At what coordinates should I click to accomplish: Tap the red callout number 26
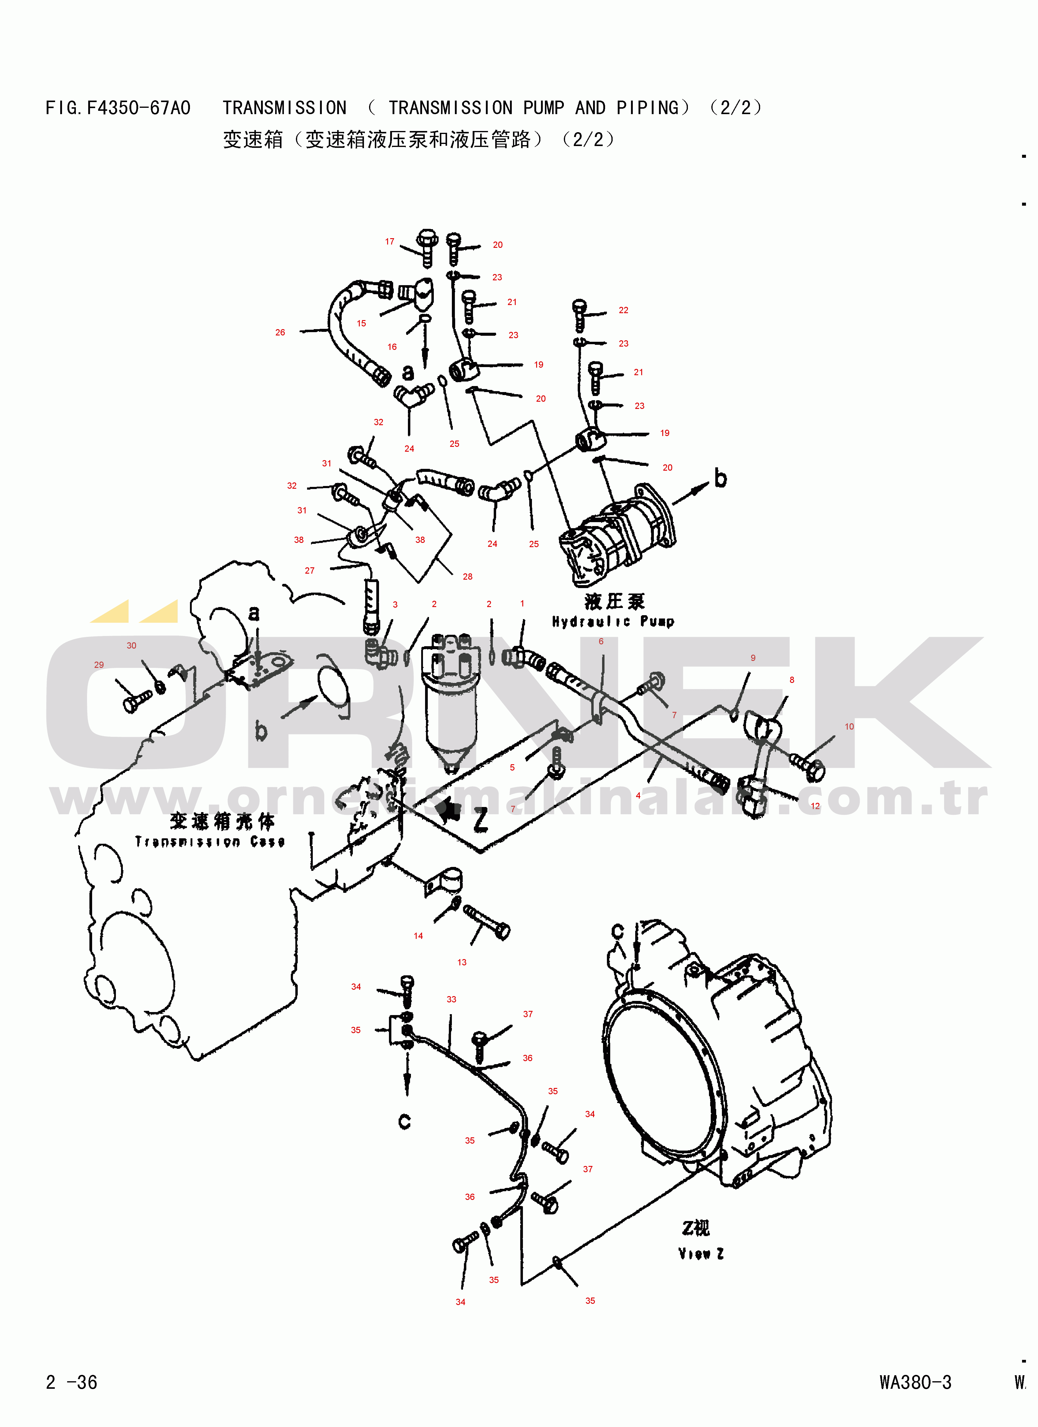click(x=280, y=332)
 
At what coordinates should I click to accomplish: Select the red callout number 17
click(x=390, y=241)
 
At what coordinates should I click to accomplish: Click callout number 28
click(x=468, y=576)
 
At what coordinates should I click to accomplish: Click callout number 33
click(x=451, y=999)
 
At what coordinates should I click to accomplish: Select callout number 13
click(x=462, y=962)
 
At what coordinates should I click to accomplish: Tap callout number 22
click(x=623, y=310)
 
